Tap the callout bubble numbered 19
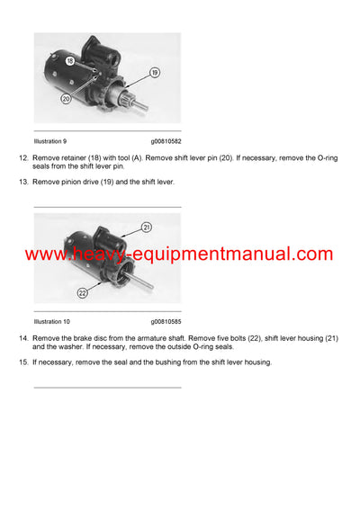tap(155, 72)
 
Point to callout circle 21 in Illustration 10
tap(148, 228)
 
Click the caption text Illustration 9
tap(49, 141)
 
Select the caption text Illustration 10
tap(51, 321)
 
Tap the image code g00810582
tap(166, 141)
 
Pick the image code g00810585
tap(166, 321)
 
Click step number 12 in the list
tap(23, 157)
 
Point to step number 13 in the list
tap(23, 182)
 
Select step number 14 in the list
tap(23, 337)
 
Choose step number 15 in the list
tap(23, 362)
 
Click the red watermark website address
tap(179, 254)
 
